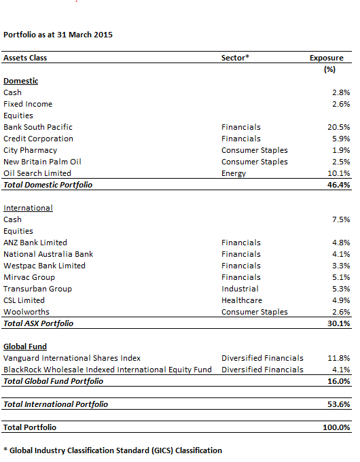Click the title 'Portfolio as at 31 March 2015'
point(58,35)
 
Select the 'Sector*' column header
point(235,58)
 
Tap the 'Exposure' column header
point(327,58)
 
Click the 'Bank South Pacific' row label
point(38,127)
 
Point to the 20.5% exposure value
point(339,127)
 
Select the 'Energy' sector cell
point(234,173)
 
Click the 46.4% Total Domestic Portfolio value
point(339,185)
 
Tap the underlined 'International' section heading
point(28,208)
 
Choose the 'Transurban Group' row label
point(38,289)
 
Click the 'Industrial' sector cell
point(240,289)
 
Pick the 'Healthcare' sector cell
point(242,300)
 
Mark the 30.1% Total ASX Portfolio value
point(339,323)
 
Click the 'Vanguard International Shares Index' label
point(72,358)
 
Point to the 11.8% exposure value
point(339,358)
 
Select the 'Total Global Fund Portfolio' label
point(54,381)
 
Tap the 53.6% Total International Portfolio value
point(339,404)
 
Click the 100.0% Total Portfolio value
point(336,427)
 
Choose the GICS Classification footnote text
point(113,450)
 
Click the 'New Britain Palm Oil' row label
point(42,162)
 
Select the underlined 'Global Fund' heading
point(25,346)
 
